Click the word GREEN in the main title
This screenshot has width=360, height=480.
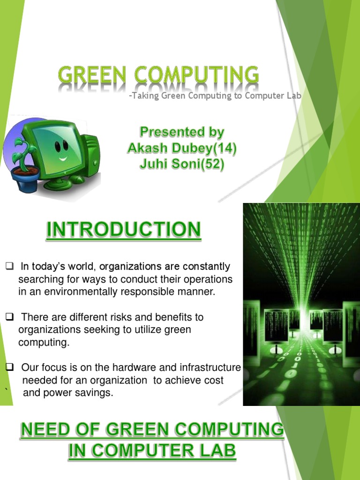tap(92, 75)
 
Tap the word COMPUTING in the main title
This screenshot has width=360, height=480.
tap(196, 75)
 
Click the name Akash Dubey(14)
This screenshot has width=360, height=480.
tap(182, 148)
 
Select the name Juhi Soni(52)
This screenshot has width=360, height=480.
tap(182, 164)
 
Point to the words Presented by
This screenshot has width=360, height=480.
tap(182, 132)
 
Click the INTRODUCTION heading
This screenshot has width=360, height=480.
tap(124, 230)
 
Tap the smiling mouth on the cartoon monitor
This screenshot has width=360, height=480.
tap(63, 159)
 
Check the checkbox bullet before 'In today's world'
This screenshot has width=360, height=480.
tap(9, 266)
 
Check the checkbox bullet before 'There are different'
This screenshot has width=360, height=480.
tap(9, 316)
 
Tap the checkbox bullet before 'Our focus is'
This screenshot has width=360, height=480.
tap(9, 367)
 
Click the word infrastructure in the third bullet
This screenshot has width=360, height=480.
tap(210, 367)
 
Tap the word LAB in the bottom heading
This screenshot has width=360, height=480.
tap(217, 450)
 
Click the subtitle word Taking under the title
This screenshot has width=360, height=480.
tap(145, 96)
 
